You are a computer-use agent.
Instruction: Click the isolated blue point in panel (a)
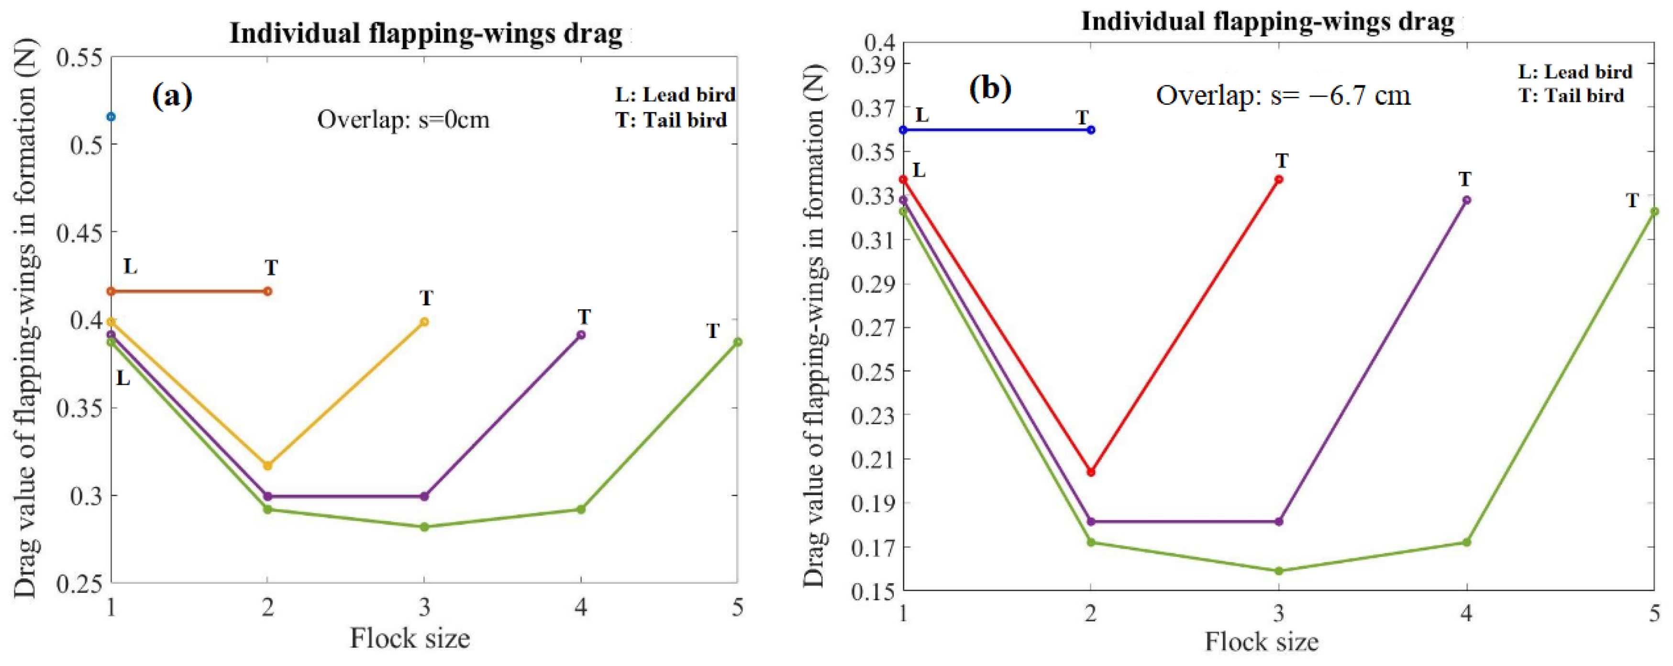pyautogui.click(x=111, y=117)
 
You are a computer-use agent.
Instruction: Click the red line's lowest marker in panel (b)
pyautogui.click(x=1091, y=473)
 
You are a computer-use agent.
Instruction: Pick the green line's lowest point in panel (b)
pyautogui.click(x=1279, y=571)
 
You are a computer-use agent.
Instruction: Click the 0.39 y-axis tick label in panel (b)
pyautogui.click(x=870, y=64)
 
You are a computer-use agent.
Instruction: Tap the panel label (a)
pyautogui.click(x=172, y=95)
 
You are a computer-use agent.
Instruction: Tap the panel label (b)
pyautogui.click(x=990, y=87)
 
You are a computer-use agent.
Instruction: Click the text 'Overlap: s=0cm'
pyautogui.click(x=403, y=120)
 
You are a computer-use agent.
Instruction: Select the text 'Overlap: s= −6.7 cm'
pyautogui.click(x=1283, y=95)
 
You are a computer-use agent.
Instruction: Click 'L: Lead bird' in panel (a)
pyautogui.click(x=676, y=95)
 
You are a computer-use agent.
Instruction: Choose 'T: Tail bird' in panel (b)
pyautogui.click(x=1571, y=95)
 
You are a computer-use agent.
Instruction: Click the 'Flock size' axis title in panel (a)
pyautogui.click(x=410, y=638)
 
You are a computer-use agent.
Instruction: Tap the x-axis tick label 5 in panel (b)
pyautogui.click(x=1655, y=613)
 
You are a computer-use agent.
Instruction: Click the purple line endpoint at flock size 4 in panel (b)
pyautogui.click(x=1466, y=200)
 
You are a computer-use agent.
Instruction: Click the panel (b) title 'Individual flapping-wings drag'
pyautogui.click(x=1267, y=22)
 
